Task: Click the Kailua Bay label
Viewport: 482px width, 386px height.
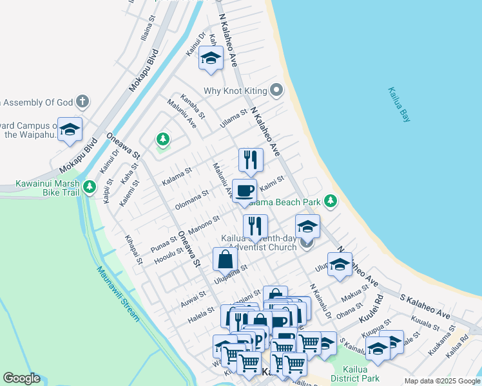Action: pos(400,105)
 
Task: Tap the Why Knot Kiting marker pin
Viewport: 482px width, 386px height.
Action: pos(277,90)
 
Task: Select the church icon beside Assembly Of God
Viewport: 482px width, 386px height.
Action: pos(82,101)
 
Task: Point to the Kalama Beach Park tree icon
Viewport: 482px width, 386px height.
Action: pos(331,202)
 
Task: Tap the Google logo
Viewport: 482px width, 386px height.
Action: pos(21,378)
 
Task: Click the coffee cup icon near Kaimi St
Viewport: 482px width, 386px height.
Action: pos(244,191)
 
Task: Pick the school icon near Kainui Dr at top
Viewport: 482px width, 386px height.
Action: pos(210,59)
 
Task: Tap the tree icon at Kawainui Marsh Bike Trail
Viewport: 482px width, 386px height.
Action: pos(90,188)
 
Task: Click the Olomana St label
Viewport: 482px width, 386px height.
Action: pos(192,199)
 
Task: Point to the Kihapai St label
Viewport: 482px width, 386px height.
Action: pos(134,248)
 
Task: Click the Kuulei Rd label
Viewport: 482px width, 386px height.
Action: pos(372,308)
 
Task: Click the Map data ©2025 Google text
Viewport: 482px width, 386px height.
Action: pos(441,381)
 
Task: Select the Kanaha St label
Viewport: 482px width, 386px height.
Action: pos(192,107)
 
